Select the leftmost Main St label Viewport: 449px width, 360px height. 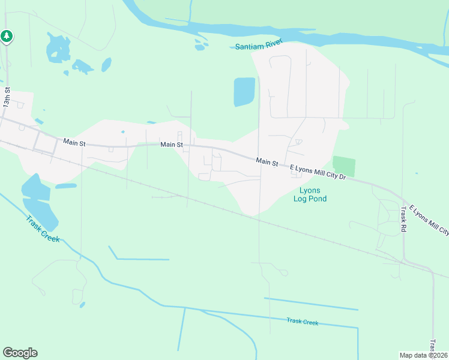75,142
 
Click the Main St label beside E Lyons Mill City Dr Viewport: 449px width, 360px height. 267,161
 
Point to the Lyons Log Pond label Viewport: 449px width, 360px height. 310,194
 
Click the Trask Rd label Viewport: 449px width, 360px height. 403,220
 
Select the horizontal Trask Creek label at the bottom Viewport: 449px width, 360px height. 302,322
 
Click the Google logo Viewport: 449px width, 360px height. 20,353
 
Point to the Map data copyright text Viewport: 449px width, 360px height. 424,355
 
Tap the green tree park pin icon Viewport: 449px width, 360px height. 7,37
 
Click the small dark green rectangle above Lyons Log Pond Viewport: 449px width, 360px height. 344,166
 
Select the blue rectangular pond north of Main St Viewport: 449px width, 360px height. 244,92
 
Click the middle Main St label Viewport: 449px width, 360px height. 172,145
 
